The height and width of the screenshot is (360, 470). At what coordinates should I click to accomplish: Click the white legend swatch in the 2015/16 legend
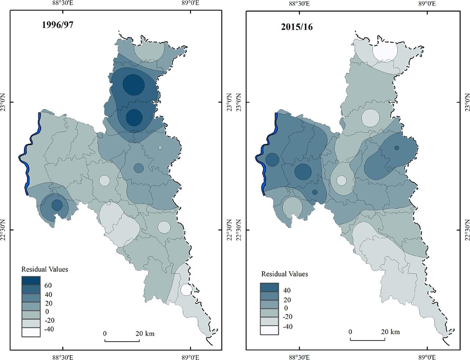click(270, 330)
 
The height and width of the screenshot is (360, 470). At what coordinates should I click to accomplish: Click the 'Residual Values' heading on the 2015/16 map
click(285, 274)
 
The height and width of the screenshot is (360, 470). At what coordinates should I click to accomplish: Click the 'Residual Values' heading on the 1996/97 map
click(45, 269)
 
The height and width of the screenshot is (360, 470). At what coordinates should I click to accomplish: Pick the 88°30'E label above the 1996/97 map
click(63, 4)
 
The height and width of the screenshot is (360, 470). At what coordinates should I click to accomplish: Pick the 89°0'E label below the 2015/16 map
click(427, 356)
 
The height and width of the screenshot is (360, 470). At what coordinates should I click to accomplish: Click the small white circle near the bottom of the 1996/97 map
click(186, 290)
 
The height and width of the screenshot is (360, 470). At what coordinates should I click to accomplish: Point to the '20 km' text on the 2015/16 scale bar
click(390, 332)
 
